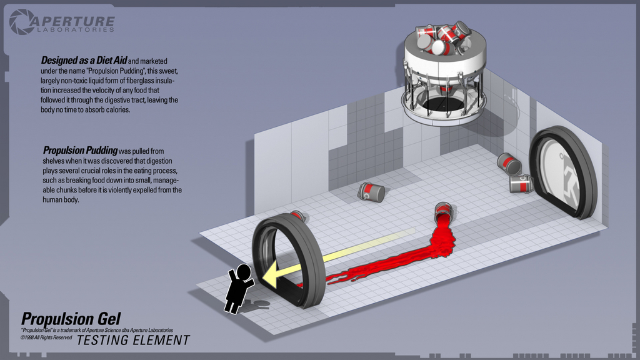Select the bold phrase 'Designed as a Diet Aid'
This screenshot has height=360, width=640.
[x=84, y=61]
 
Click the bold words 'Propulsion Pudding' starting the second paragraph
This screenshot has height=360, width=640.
[x=80, y=151]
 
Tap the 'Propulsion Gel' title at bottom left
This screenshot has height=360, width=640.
[x=71, y=319]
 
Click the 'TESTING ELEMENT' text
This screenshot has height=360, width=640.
[x=133, y=340]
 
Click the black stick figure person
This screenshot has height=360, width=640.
[x=237, y=287]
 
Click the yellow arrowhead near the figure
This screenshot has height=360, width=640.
[x=270, y=275]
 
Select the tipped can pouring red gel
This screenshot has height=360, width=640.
[x=443, y=212]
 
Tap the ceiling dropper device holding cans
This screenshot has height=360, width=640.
[x=444, y=75]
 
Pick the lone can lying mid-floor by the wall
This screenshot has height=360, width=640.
[x=371, y=192]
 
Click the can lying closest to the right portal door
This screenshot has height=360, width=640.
[x=519, y=183]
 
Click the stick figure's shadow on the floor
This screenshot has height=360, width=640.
[x=256, y=304]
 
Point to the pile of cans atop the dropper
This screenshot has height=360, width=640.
[x=444, y=36]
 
